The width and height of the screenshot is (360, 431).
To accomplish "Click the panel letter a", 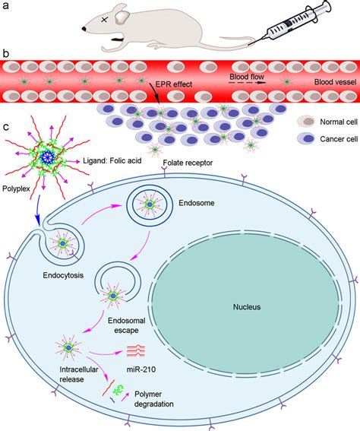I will tap(7, 6).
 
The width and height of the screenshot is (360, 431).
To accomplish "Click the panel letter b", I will tap(7, 55).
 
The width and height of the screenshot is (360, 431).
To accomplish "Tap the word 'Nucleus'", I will tap(246, 307).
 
